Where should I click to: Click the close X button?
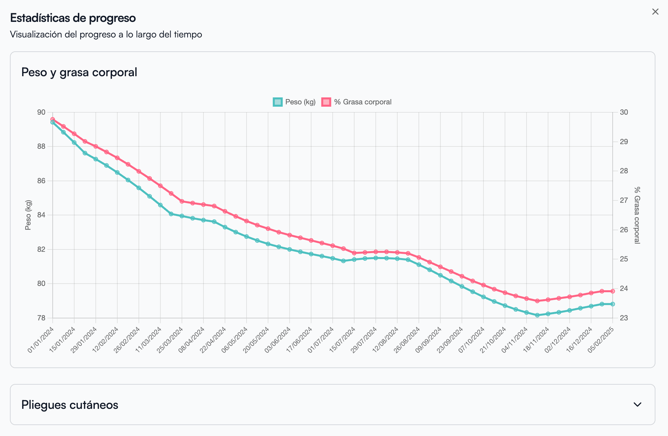(x=655, y=12)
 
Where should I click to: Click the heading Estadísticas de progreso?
(x=73, y=18)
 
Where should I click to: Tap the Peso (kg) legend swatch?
(x=278, y=102)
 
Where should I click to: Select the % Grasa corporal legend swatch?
(x=326, y=102)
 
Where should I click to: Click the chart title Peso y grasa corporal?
(x=79, y=72)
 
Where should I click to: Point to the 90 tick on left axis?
(x=41, y=112)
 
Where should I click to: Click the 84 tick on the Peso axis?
(x=41, y=215)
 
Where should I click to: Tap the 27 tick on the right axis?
(x=624, y=200)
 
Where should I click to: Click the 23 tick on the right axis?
(x=624, y=318)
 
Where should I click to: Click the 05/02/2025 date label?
(x=601, y=340)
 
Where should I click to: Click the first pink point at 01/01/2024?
(x=53, y=119)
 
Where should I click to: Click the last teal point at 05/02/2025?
(x=613, y=304)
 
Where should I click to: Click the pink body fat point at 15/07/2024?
(x=354, y=253)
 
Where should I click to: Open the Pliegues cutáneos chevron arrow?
(x=638, y=405)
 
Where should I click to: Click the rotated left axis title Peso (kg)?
(x=28, y=215)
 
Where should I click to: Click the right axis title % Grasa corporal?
(x=637, y=215)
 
